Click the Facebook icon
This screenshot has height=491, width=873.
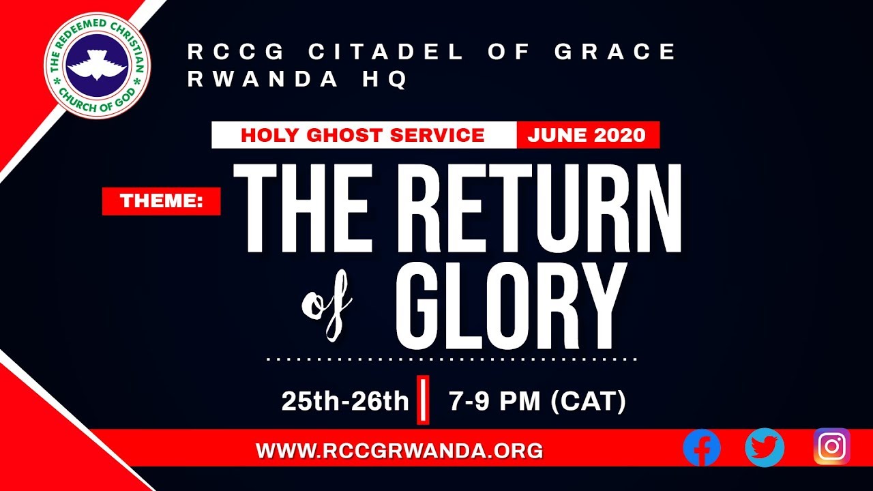tap(702, 448)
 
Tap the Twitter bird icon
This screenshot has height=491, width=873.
tap(765, 447)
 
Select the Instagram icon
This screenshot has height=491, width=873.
tap(831, 447)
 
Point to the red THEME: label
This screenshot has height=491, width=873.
tap(161, 201)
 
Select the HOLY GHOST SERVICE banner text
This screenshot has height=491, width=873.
tap(363, 135)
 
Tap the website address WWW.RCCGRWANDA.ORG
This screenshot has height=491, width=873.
tap(399, 451)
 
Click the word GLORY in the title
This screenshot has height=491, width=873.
tap(510, 306)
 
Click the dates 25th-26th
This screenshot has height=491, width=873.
tap(344, 402)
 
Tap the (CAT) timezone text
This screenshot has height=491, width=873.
tap(588, 402)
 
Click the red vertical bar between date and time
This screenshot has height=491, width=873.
tap(423, 400)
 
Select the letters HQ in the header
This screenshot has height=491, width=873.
tap(389, 80)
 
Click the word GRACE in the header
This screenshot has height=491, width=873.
tap(615, 52)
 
